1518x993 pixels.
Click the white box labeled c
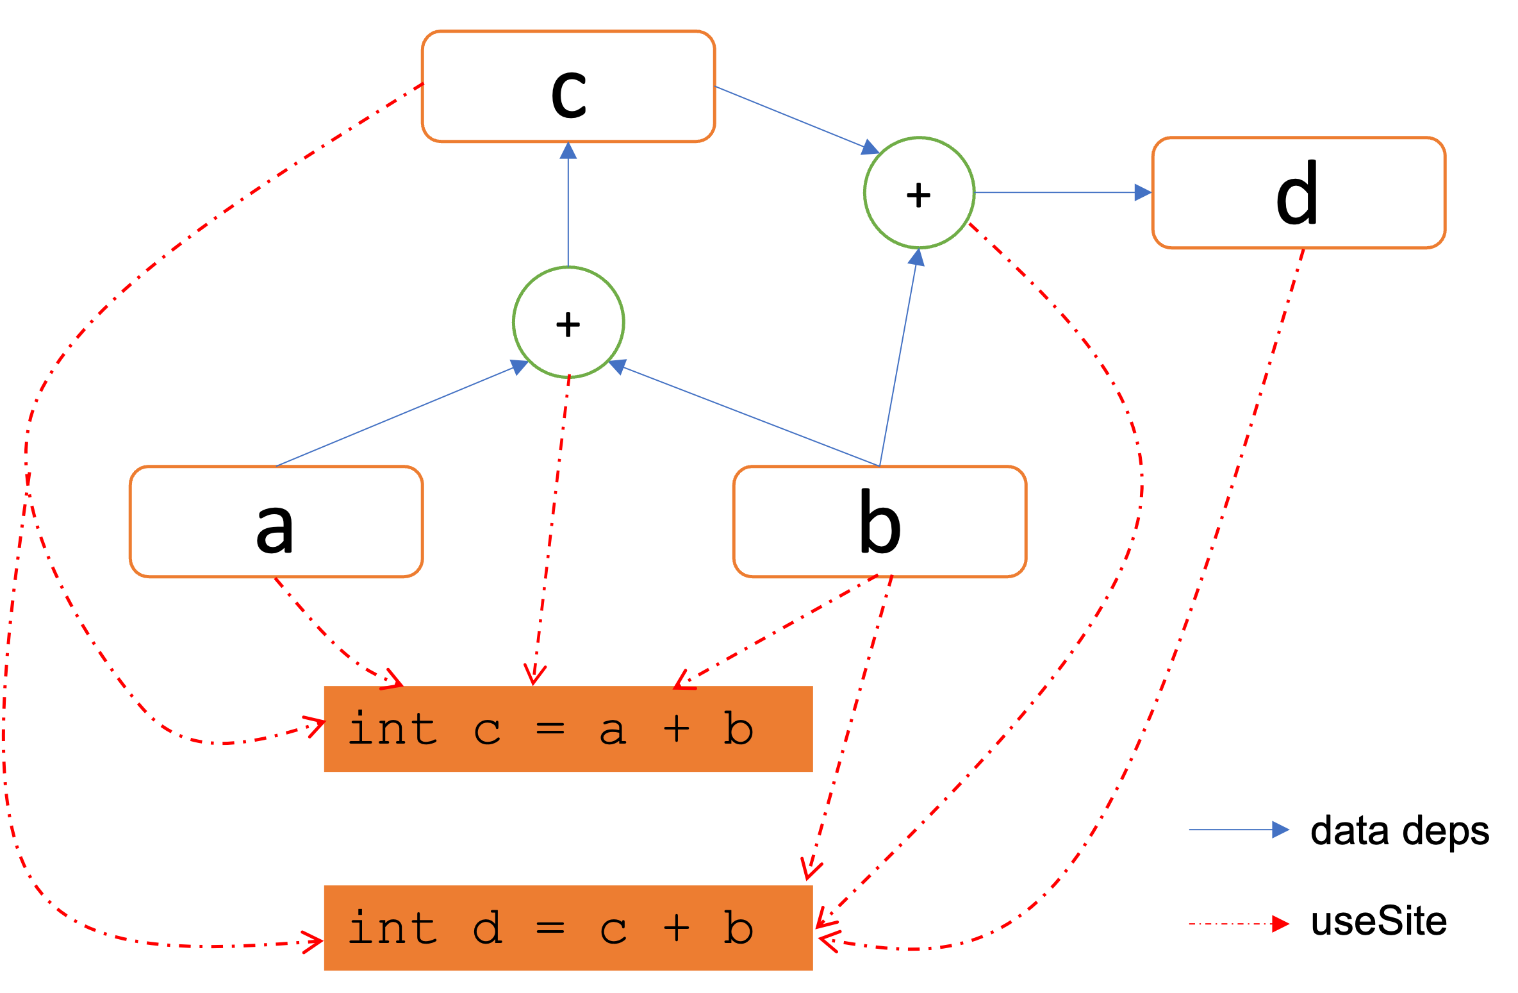[568, 87]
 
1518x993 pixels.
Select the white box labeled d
[1298, 192]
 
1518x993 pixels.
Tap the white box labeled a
[276, 522]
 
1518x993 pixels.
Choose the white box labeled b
[880, 522]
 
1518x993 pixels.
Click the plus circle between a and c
[568, 322]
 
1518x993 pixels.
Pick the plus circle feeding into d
[919, 192]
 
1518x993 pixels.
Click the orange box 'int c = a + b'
[568, 729]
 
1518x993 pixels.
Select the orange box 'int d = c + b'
[568, 928]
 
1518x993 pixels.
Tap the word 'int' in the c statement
[392, 729]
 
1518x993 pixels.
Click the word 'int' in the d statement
[392, 928]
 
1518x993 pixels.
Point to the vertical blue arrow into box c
[568, 205]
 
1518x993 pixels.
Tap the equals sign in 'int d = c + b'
[550, 928]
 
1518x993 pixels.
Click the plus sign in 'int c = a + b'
[676, 729]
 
